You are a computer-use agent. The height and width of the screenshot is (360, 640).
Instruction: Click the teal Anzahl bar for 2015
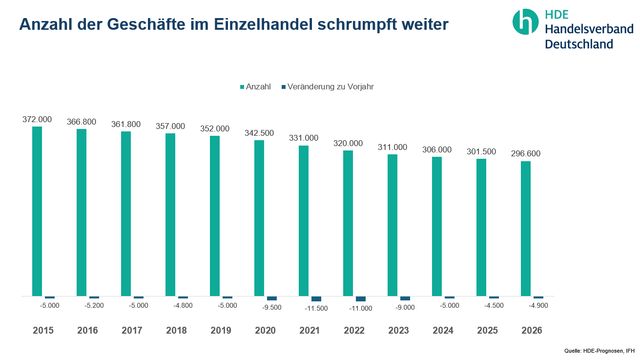tap(37, 211)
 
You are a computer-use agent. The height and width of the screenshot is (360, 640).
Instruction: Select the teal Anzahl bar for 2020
tap(259, 218)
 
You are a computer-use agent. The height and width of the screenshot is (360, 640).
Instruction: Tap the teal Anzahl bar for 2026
tap(525, 229)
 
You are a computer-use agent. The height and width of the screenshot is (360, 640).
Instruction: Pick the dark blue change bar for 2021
tap(316, 299)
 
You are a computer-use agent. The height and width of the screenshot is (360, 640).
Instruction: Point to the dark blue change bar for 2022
tap(360, 299)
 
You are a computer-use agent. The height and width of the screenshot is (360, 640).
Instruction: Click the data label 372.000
tap(37, 119)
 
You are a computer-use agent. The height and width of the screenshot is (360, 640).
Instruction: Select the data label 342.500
tap(259, 132)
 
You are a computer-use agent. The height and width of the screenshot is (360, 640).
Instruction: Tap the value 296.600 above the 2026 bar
tap(525, 153)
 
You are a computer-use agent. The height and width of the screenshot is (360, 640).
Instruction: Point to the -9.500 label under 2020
tap(273, 309)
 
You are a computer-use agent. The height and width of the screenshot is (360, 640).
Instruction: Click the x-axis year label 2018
tap(176, 329)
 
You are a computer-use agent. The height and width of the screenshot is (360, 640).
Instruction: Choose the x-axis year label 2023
tap(398, 329)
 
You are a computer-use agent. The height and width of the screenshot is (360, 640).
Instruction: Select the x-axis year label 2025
tap(487, 329)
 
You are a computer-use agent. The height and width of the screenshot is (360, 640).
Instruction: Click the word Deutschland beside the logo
tap(585, 45)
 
